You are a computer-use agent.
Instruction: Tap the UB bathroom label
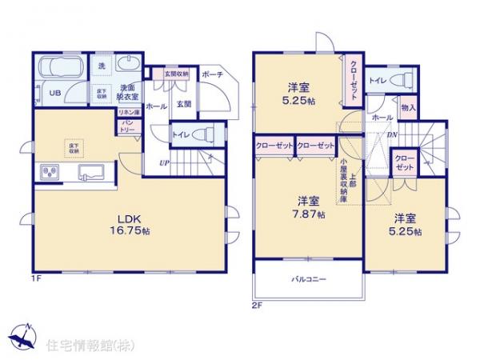(x=55, y=94)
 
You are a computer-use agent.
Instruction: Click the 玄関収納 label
(x=177, y=74)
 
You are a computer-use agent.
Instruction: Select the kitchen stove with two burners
(x=49, y=174)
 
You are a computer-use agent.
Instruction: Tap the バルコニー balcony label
(x=308, y=279)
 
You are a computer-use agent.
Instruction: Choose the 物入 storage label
(x=408, y=106)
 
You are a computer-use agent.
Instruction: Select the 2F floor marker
(x=256, y=306)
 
